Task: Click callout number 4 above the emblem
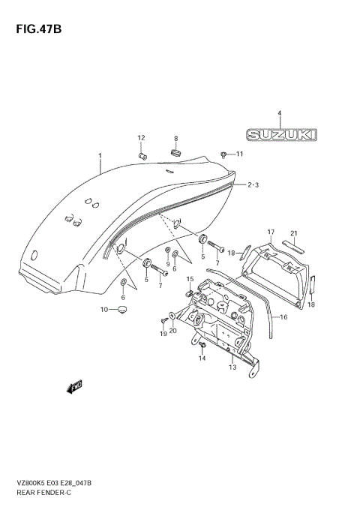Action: pyautogui.click(x=279, y=114)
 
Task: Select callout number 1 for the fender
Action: pyautogui.click(x=99, y=156)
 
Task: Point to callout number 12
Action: pyautogui.click(x=140, y=137)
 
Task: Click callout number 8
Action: pyautogui.click(x=175, y=139)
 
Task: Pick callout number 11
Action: pyautogui.click(x=240, y=154)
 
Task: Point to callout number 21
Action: pyautogui.click(x=295, y=232)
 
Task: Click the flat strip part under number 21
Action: pyautogui.click(x=293, y=244)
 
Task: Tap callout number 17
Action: pyautogui.click(x=271, y=232)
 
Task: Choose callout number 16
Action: pyautogui.click(x=283, y=317)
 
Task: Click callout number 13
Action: pyautogui.click(x=232, y=368)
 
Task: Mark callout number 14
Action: pyautogui.click(x=201, y=359)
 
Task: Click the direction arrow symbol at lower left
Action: pyautogui.click(x=73, y=387)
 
